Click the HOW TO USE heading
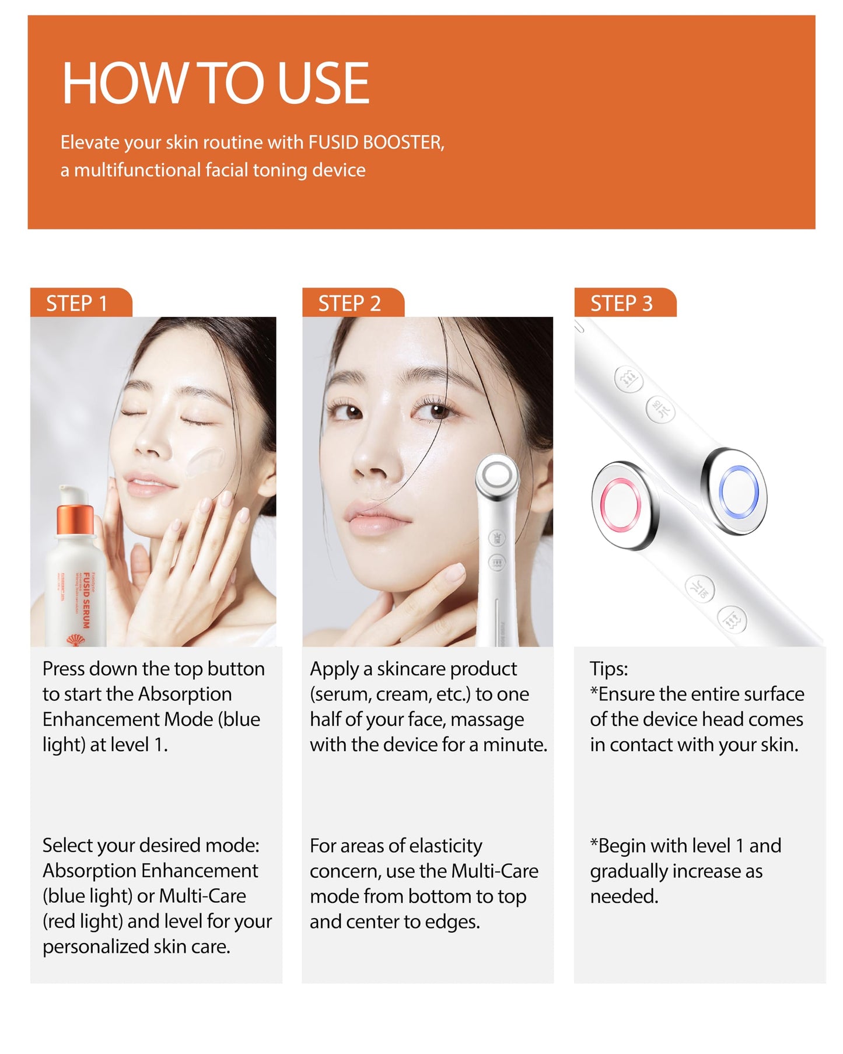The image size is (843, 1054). coord(215,83)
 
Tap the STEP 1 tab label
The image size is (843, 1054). coord(76,303)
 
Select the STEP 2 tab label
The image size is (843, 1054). coord(349,303)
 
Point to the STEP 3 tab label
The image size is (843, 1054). coord(621,303)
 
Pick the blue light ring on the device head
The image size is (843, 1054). coord(739,492)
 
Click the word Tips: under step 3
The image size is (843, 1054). coord(608,669)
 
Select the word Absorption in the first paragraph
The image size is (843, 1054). coord(185,694)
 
